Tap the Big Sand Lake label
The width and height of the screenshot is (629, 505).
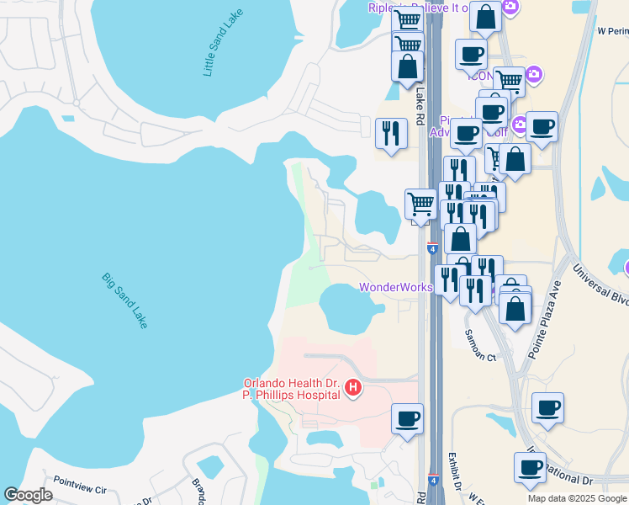(x=124, y=300)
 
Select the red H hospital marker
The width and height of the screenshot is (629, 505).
(x=354, y=388)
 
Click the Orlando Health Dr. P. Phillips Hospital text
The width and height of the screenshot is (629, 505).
(x=291, y=388)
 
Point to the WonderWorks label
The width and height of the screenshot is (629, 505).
(x=395, y=287)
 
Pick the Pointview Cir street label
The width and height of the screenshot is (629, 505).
(x=80, y=489)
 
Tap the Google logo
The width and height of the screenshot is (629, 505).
(x=28, y=495)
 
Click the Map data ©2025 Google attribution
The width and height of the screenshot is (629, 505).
(x=577, y=498)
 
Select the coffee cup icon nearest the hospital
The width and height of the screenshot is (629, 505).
(x=408, y=418)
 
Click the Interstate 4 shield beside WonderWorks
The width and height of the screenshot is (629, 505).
(x=431, y=249)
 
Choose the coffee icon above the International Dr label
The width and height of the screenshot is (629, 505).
(x=531, y=468)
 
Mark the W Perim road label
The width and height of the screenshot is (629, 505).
(x=613, y=30)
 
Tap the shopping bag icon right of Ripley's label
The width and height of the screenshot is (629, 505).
(x=486, y=16)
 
